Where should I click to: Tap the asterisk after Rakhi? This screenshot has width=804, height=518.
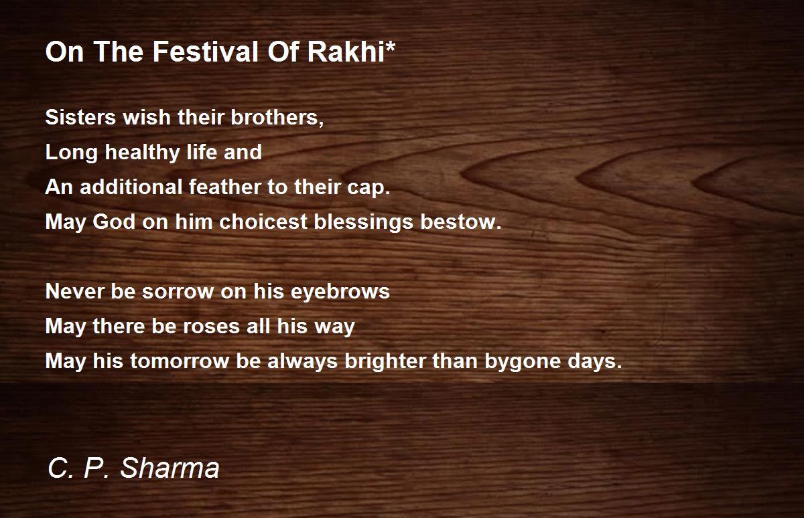pos(390,46)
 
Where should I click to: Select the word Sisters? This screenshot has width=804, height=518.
pos(80,117)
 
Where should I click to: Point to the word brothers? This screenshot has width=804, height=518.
pos(277,117)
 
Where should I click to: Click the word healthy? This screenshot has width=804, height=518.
pos(142,153)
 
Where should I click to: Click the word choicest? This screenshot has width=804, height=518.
pos(263,222)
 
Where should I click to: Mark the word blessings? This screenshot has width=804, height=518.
pos(363,222)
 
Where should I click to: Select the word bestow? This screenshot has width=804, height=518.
pos(460,222)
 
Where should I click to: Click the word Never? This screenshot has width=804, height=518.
pos(74,291)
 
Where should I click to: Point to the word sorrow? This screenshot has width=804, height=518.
pos(178,292)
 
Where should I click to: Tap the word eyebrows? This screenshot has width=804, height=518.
pos(340,292)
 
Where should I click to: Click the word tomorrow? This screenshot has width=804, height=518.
pos(180,361)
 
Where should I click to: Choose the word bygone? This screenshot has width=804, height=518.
pos(523,362)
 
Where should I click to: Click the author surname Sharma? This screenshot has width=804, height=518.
pos(170,468)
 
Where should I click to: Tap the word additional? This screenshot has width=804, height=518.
pos(131,187)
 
